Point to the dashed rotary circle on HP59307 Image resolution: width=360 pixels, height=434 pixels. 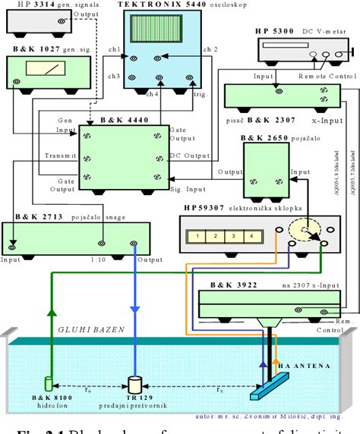pos(303,231)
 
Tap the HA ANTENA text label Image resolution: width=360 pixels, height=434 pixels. pos(303,366)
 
